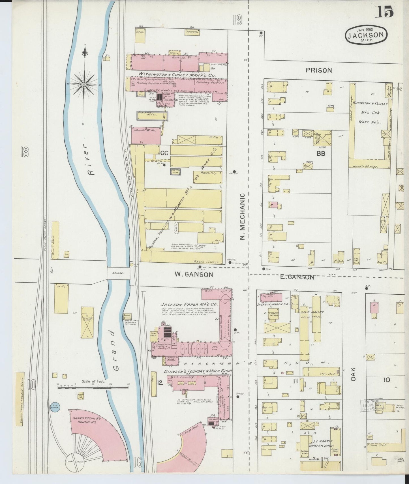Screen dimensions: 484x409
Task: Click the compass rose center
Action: (84, 84)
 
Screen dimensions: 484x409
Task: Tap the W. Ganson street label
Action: (194, 274)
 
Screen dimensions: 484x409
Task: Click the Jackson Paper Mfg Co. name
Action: (189, 305)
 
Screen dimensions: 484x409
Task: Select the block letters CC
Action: (164, 153)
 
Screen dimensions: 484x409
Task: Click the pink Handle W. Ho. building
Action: (146, 135)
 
